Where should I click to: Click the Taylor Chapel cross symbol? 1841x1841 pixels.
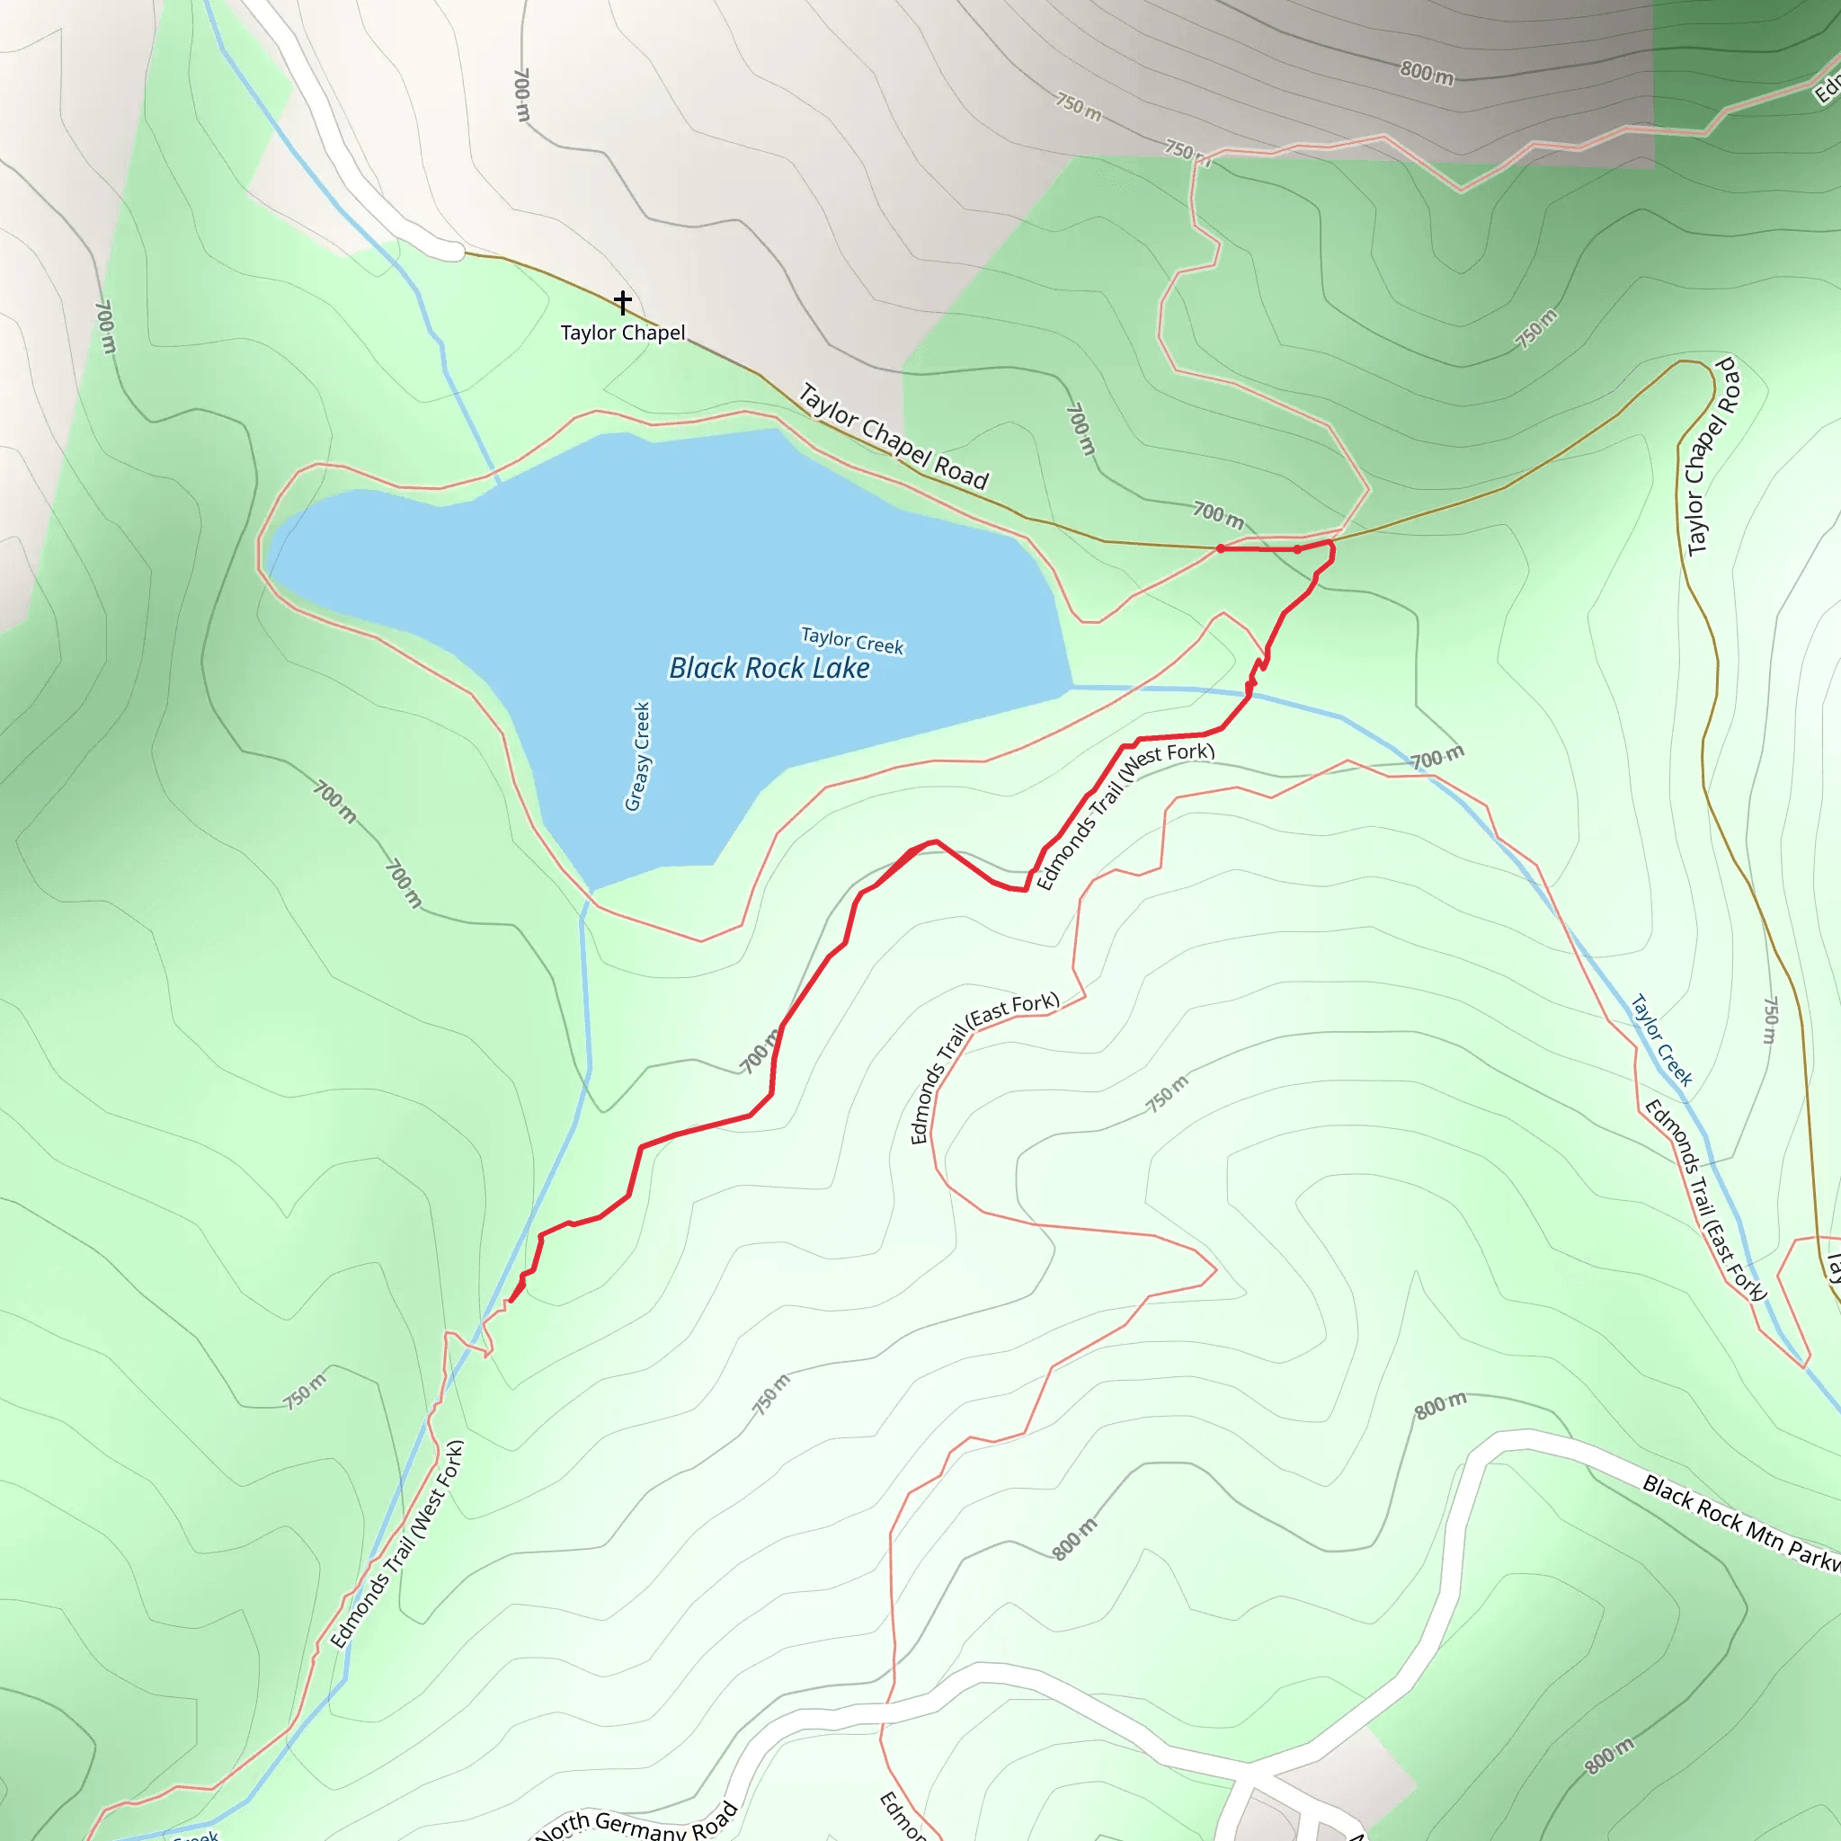622,302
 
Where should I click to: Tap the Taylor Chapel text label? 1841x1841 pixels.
622,333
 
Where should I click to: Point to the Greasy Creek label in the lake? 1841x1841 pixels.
638,757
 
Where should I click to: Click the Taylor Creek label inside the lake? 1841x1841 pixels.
852,640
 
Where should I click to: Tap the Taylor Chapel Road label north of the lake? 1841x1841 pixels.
893,435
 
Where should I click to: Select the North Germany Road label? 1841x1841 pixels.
636,1822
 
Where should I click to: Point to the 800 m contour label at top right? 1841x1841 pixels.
1427,74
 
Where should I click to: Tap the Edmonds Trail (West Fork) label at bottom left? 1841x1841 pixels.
397,1543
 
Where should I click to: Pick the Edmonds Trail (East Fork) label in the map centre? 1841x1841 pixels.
983,1067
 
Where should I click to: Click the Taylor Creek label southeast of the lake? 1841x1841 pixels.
1662,1041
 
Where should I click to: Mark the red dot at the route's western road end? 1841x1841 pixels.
1221,549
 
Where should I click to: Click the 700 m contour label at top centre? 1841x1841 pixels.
521,94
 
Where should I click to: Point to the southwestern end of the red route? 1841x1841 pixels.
511,1301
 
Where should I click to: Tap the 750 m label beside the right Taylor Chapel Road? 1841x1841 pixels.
1769,1019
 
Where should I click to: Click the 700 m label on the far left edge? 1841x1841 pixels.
105,327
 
